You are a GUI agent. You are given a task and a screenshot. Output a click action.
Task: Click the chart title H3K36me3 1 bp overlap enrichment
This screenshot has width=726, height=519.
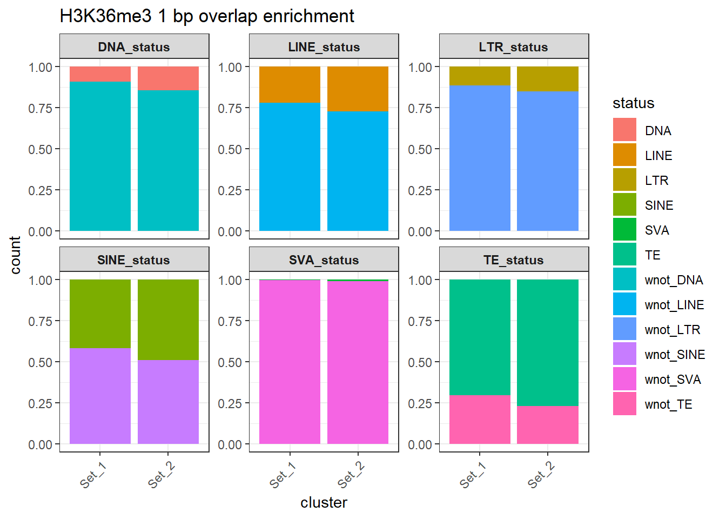[x=207, y=16]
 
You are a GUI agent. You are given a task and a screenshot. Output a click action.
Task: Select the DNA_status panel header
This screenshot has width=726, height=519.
[x=134, y=47]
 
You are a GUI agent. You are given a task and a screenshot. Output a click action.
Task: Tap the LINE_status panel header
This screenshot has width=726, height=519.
[x=324, y=47]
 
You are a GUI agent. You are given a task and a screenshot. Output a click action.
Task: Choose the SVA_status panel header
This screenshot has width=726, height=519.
[x=324, y=260]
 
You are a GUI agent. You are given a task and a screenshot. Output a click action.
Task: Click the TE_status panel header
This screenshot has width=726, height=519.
[x=513, y=260]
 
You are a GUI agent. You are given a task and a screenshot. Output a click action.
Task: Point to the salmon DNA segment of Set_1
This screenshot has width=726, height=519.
[x=100, y=74]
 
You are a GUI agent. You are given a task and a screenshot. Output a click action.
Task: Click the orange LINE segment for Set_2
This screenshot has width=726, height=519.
[x=358, y=89]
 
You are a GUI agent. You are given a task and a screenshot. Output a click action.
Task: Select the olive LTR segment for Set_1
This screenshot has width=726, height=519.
[x=480, y=76]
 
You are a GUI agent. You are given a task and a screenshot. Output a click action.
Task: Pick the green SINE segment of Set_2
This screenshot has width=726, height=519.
[x=168, y=320]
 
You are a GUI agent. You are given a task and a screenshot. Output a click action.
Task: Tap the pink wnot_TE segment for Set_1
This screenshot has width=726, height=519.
[x=480, y=420]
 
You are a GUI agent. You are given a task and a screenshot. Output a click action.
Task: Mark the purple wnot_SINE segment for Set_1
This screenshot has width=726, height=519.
[x=100, y=396]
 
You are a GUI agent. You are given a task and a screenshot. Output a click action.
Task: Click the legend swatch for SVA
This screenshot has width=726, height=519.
[x=624, y=229]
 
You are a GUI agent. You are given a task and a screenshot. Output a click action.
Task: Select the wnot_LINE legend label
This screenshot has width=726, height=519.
[x=674, y=305]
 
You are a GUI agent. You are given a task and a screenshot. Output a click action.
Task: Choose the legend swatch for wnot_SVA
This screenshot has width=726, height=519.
[x=624, y=378]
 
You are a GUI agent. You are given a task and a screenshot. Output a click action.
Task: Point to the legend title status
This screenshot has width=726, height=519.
[x=633, y=103]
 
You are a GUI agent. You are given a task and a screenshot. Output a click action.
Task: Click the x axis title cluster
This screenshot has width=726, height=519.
[x=324, y=503]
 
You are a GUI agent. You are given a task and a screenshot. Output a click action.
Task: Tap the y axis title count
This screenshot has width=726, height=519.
[x=15, y=255]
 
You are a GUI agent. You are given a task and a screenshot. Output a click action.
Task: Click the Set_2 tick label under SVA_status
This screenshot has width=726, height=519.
[x=351, y=475]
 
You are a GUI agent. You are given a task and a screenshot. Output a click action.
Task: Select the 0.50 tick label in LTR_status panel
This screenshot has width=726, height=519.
[x=420, y=149]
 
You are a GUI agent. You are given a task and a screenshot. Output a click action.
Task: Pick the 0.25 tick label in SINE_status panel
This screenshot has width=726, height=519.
[x=41, y=403]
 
